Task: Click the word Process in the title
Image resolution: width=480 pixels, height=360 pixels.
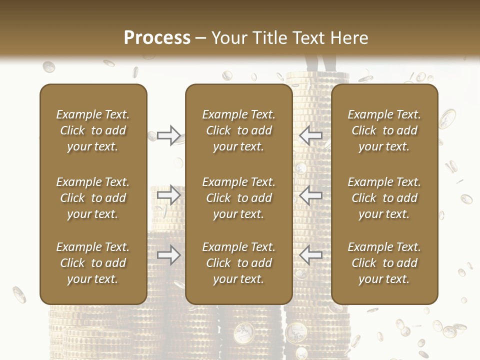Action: click(157, 38)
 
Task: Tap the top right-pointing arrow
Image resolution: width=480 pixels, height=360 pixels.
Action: click(168, 135)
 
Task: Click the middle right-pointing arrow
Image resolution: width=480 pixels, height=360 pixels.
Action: click(168, 195)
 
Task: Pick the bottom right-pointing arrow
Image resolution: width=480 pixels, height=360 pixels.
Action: click(168, 255)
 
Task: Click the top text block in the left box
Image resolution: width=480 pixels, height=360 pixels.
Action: click(93, 130)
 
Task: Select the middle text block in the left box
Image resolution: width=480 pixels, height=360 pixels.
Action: click(93, 198)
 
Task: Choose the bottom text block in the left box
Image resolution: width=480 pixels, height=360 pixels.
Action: click(93, 263)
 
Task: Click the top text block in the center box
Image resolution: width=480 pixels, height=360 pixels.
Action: click(239, 130)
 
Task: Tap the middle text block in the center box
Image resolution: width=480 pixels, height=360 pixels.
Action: click(239, 198)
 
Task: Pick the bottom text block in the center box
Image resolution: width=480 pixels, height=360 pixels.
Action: click(239, 263)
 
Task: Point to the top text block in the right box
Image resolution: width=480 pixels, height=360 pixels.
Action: click(384, 130)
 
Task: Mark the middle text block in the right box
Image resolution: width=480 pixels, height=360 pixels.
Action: click(384, 198)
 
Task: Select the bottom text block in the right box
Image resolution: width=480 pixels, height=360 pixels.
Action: click(384, 263)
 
